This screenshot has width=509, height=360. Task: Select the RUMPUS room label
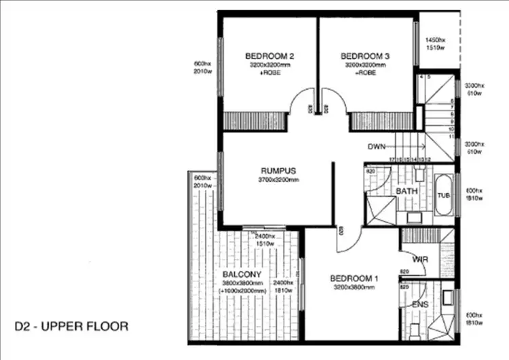(x=279, y=170)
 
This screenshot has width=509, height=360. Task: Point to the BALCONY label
(x=241, y=274)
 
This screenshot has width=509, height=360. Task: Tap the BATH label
(x=407, y=192)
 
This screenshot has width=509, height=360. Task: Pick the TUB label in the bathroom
(x=444, y=196)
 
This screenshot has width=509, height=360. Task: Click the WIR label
(x=420, y=259)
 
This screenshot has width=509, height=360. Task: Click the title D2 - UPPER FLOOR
(x=71, y=326)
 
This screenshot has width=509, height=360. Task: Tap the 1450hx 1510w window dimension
(x=435, y=43)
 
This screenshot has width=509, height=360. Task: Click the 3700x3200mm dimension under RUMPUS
(x=279, y=180)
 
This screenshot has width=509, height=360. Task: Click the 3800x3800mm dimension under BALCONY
(x=241, y=283)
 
